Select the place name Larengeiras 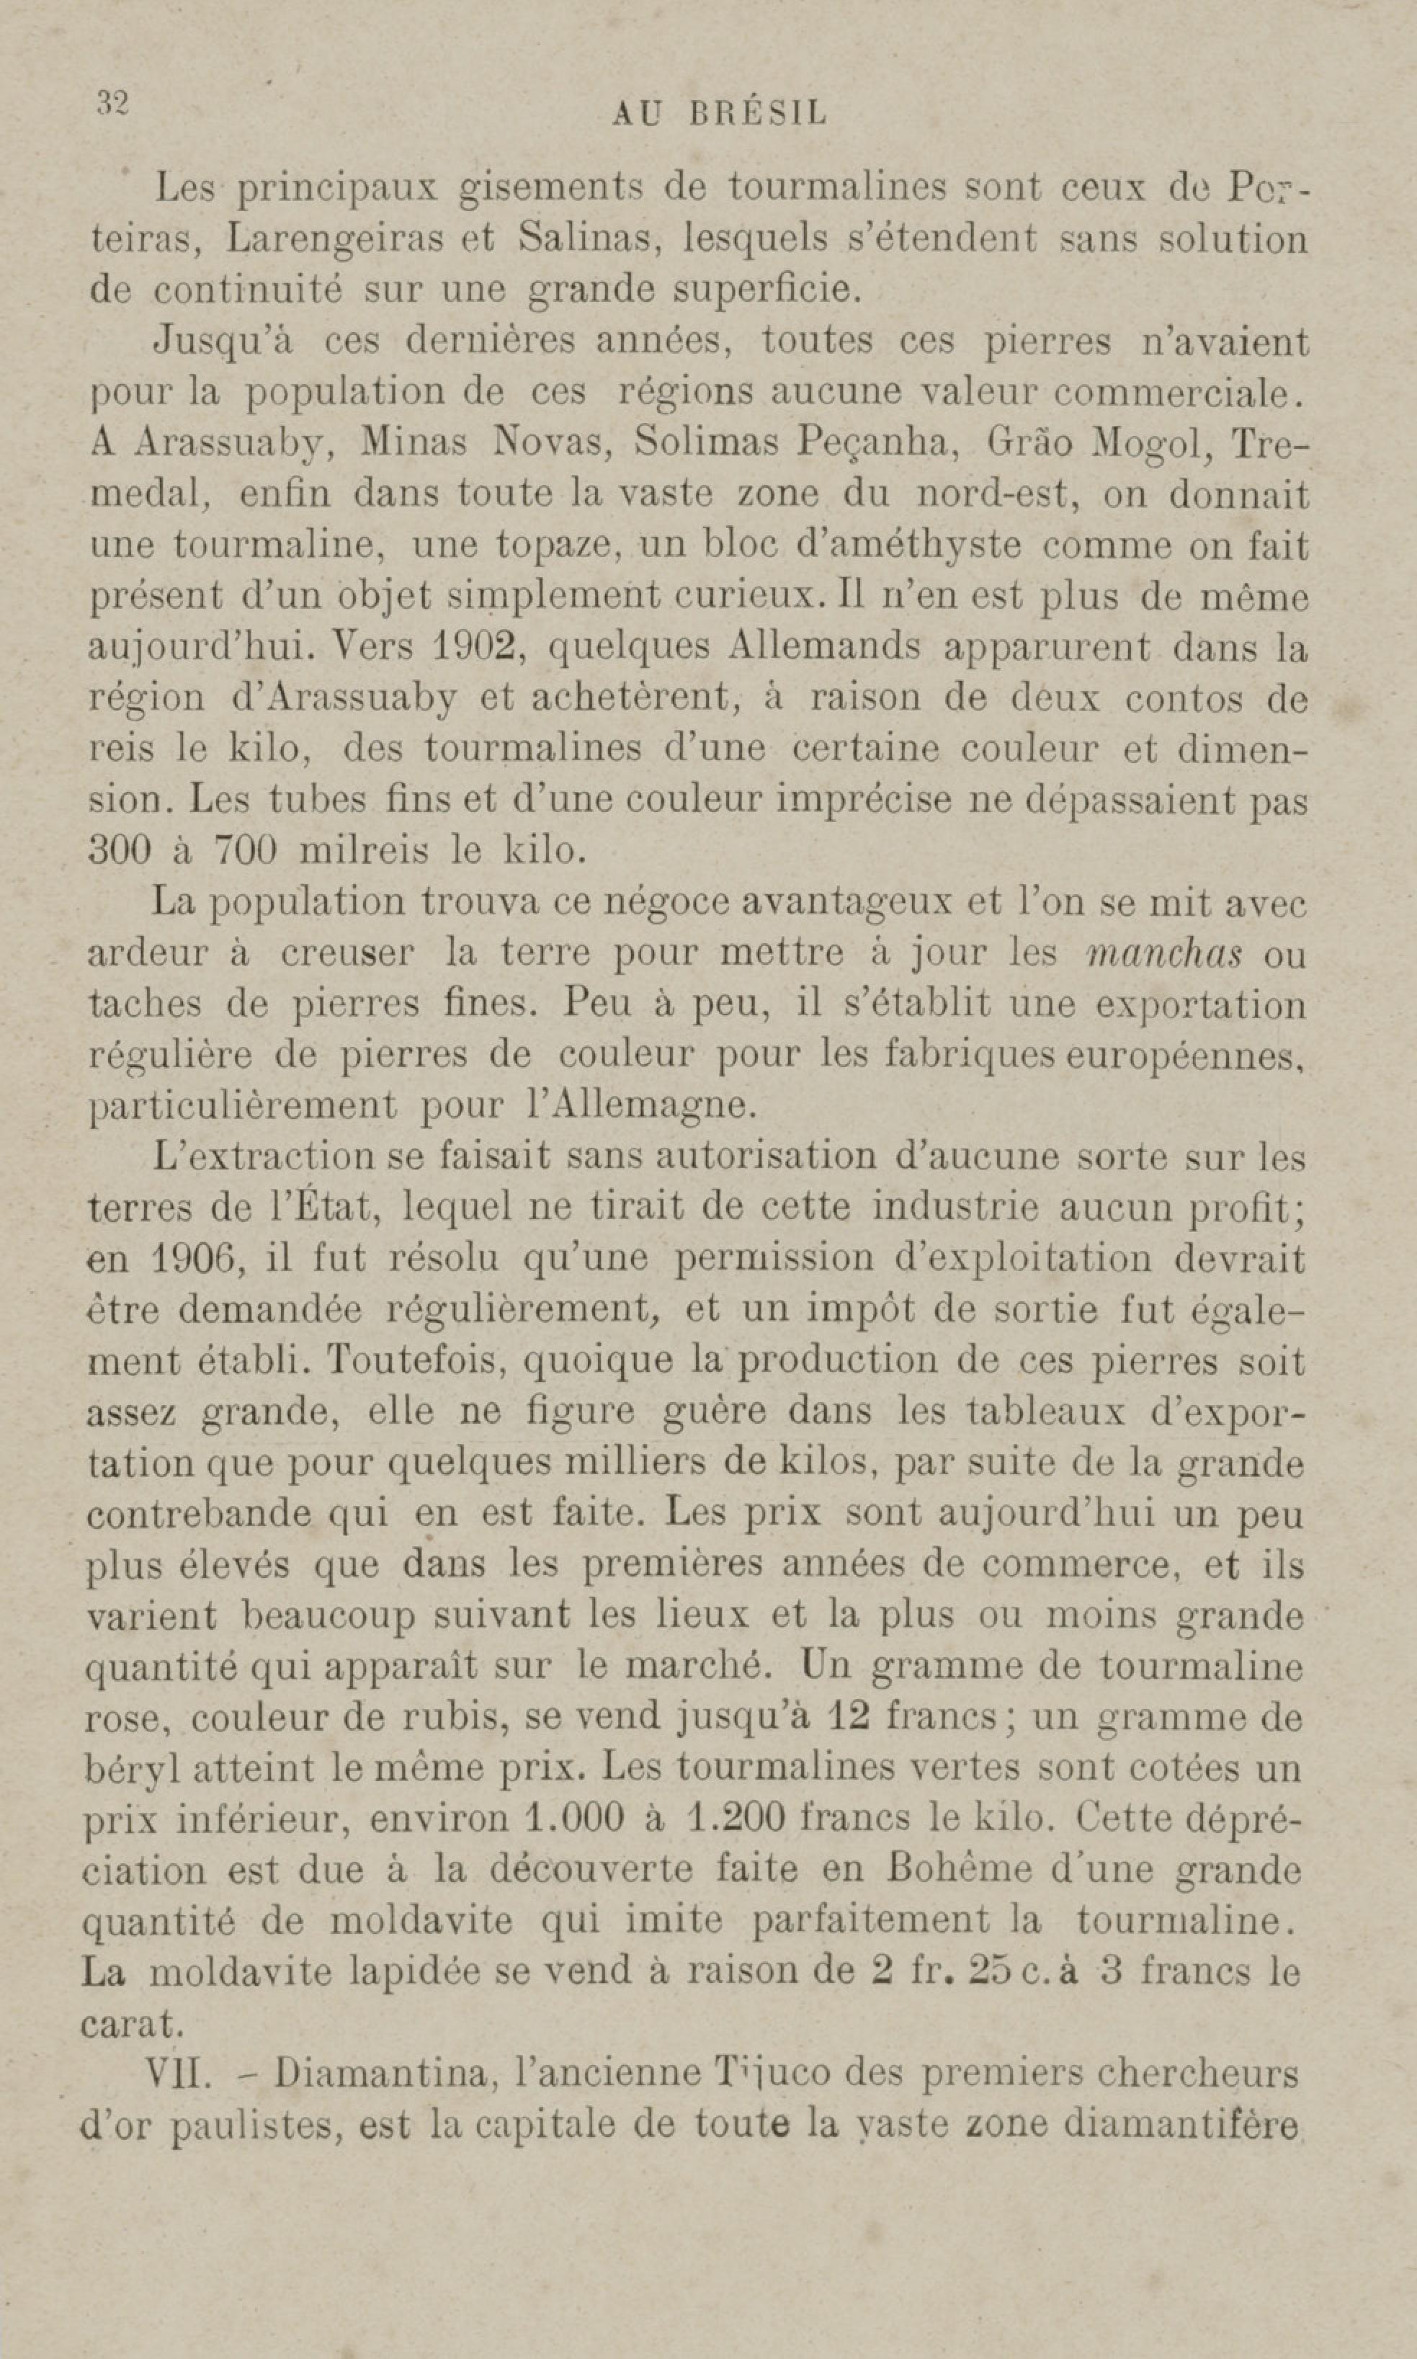tap(335, 238)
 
